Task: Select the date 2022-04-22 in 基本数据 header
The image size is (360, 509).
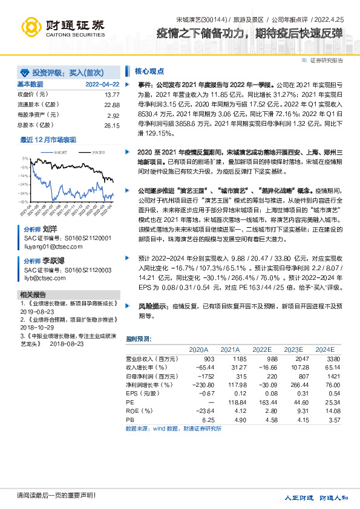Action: [x=102, y=84]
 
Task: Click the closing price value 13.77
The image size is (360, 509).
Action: [x=112, y=95]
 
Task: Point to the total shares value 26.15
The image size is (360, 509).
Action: [x=112, y=125]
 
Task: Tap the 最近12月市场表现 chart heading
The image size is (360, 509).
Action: [x=48, y=140]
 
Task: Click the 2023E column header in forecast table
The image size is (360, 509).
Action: [x=293, y=349]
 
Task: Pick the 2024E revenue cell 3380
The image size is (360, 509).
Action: [x=325, y=358]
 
